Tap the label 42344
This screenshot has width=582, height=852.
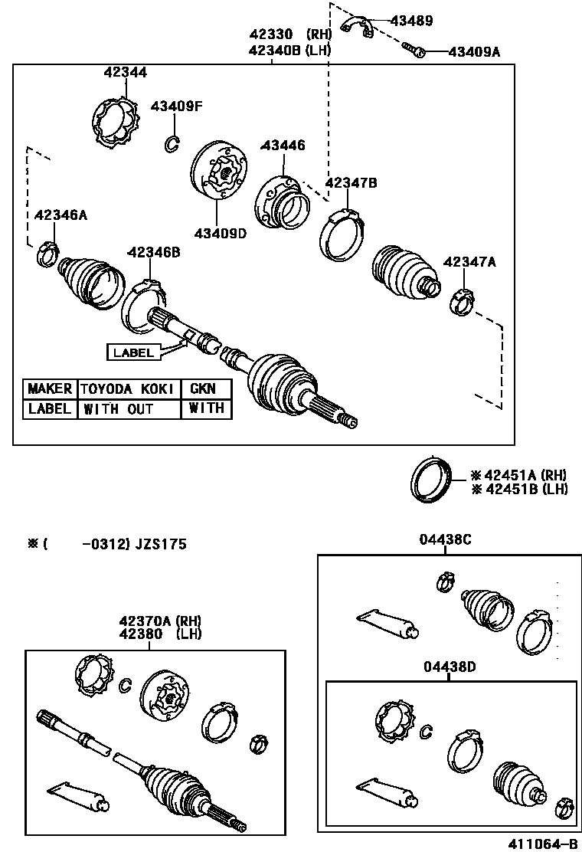(x=126, y=73)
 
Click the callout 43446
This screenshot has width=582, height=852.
(x=283, y=145)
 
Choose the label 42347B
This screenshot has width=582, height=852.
(x=351, y=183)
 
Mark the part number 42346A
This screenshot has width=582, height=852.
(x=60, y=215)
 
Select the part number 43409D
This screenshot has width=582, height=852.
(x=220, y=233)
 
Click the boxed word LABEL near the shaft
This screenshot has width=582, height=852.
(x=133, y=352)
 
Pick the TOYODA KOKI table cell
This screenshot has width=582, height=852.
(x=128, y=389)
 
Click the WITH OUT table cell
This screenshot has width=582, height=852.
(x=118, y=409)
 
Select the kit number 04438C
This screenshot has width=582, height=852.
(x=445, y=539)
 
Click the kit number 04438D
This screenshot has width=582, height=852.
(x=450, y=667)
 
